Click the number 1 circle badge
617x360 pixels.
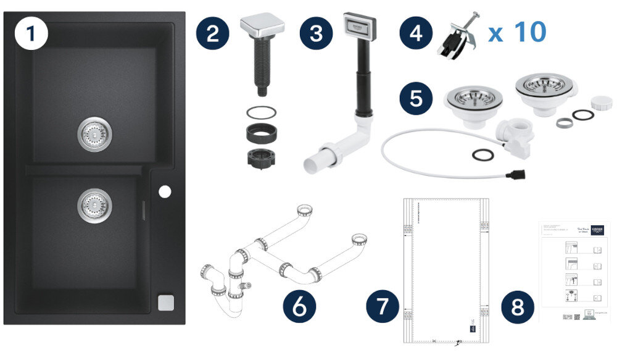click(x=31, y=34)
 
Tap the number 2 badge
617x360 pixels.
click(x=213, y=33)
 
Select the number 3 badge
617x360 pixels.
click(x=317, y=33)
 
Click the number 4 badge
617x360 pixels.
click(x=416, y=33)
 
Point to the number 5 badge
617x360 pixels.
click(x=416, y=99)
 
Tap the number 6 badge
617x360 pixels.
click(x=299, y=306)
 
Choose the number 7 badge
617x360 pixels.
click(x=383, y=306)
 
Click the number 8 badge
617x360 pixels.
click(x=516, y=306)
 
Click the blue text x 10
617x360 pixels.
click(x=517, y=32)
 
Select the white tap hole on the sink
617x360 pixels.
click(x=164, y=192)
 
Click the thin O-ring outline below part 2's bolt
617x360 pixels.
click(x=257, y=113)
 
